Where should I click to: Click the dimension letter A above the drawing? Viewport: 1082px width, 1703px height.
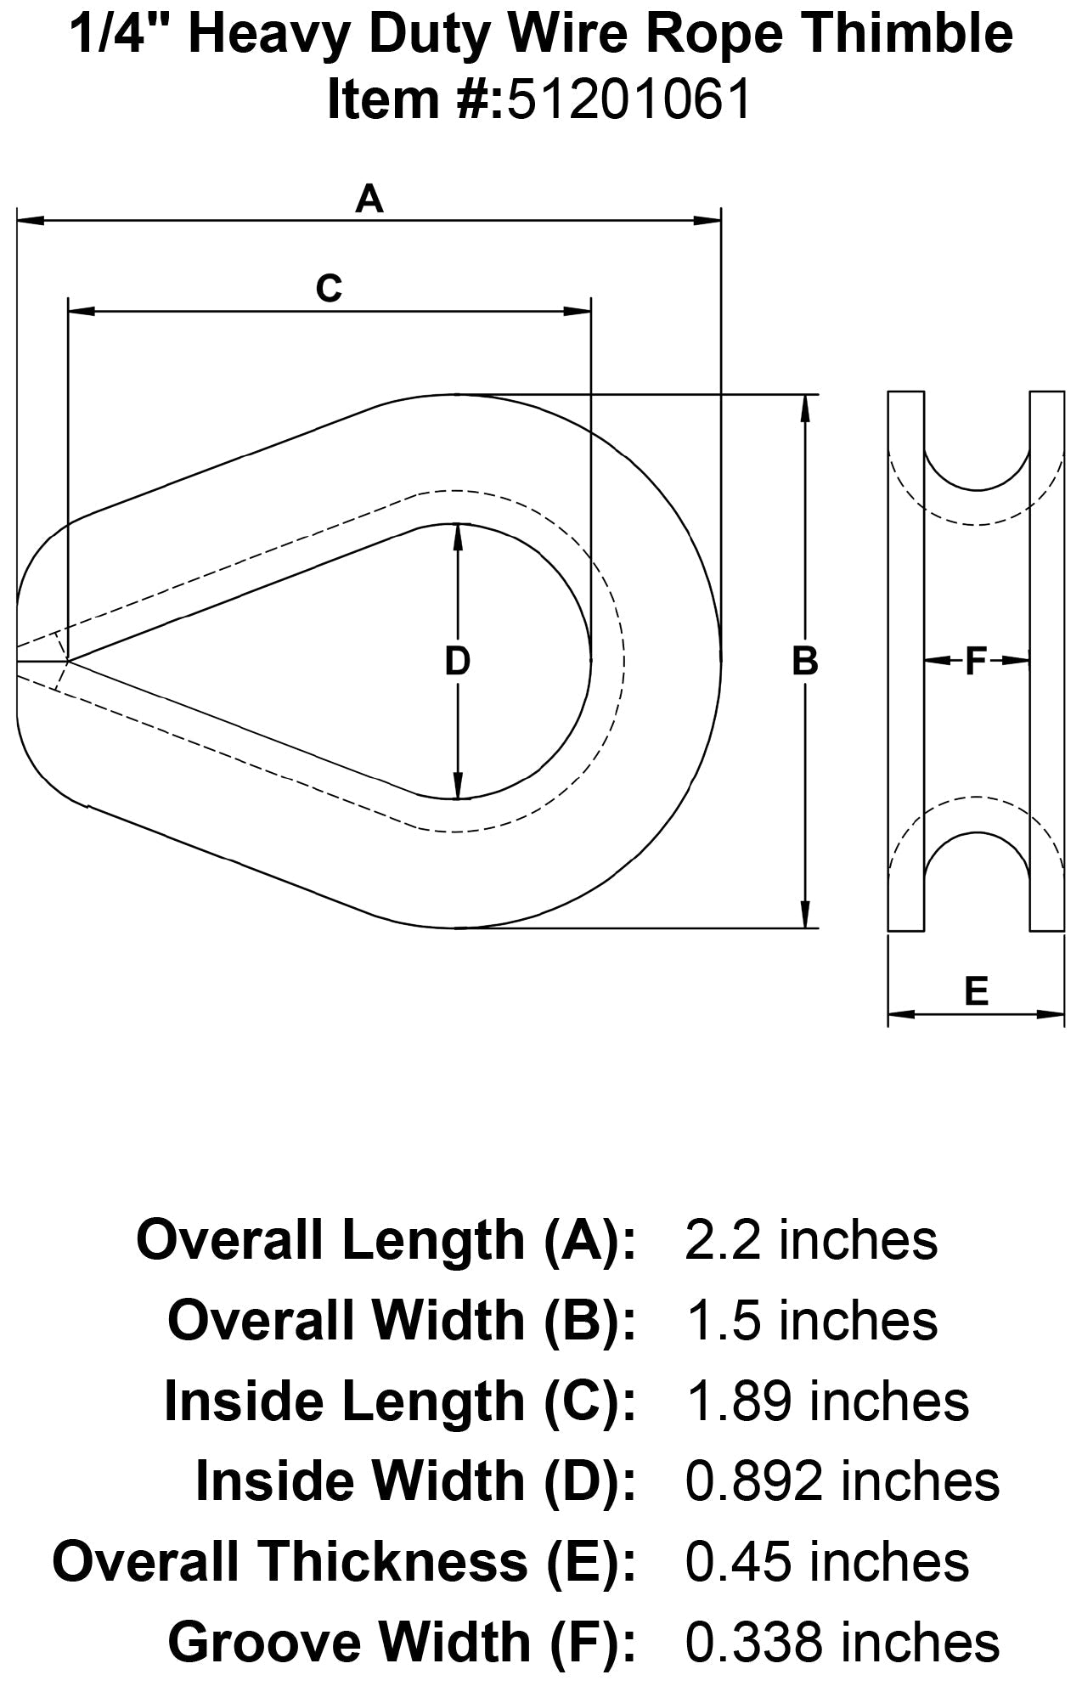click(x=369, y=200)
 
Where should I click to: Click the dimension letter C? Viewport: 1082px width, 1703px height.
click(x=329, y=290)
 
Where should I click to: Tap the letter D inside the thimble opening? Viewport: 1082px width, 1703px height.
click(x=458, y=662)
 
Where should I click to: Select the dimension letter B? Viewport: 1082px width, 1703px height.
click(x=804, y=662)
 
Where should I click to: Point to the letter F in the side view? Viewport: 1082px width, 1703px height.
click(x=976, y=661)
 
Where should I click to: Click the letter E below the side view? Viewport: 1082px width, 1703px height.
click(x=977, y=990)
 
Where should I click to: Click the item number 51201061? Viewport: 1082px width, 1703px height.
click(x=629, y=100)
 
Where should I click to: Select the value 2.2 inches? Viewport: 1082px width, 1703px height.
click(x=811, y=1241)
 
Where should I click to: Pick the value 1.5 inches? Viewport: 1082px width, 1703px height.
click(x=811, y=1321)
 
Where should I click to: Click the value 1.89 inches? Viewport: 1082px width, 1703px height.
click(x=826, y=1401)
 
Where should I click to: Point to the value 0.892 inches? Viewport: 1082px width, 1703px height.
click(x=842, y=1480)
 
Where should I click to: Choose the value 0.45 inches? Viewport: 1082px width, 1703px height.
click(x=826, y=1561)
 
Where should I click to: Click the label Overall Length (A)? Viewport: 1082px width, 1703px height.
click(x=386, y=1241)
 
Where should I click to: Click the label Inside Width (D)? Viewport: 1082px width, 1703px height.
click(x=415, y=1480)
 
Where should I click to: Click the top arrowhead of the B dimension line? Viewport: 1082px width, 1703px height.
click(x=805, y=406)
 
